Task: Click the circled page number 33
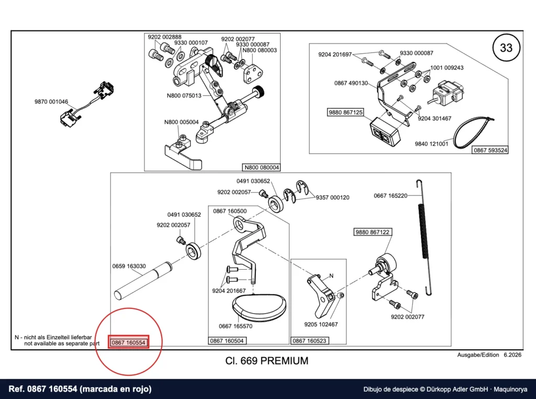tap(506, 47)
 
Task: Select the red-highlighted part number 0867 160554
tap(129, 342)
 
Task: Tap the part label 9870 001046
tap(51, 102)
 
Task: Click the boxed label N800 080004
tap(262, 167)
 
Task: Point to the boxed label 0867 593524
tap(490, 150)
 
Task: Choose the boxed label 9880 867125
tap(345, 112)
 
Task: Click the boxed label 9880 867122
tap(372, 232)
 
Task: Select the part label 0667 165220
tap(390, 195)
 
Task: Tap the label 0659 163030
tap(129, 266)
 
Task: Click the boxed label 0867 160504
tap(227, 340)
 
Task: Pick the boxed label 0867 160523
tap(309, 340)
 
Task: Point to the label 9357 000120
tap(332, 197)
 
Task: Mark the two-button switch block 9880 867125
tap(385, 131)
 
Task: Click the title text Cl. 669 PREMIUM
tap(266, 361)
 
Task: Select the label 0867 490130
tap(351, 83)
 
